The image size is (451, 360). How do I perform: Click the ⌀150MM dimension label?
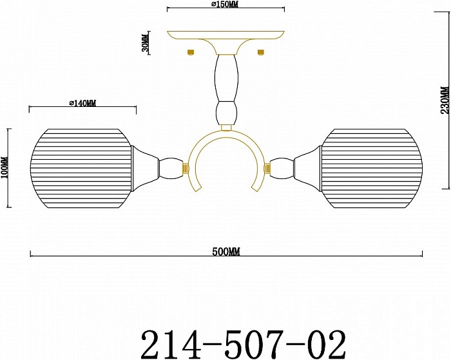[x=224, y=5]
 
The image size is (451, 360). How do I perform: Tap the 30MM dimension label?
[x=146, y=43]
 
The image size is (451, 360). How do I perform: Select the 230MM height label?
[x=445, y=100]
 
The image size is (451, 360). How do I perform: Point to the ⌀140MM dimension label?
[x=82, y=103]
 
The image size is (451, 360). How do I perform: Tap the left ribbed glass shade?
[x=81, y=168]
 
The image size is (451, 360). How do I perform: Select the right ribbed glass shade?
[x=372, y=168]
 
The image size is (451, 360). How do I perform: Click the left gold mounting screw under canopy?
[x=191, y=52]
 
